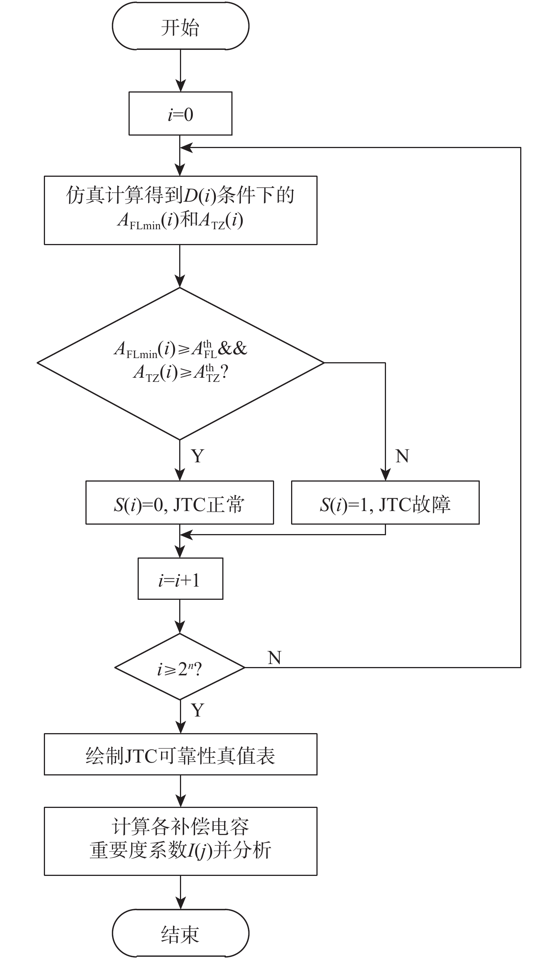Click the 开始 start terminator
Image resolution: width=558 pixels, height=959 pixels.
pyautogui.click(x=180, y=26)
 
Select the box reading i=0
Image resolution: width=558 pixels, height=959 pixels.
pyautogui.click(x=180, y=113)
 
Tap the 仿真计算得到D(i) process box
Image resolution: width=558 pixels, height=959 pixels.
pyautogui.click(x=180, y=210)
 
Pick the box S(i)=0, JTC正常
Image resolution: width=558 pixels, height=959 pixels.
pyautogui.click(x=180, y=503)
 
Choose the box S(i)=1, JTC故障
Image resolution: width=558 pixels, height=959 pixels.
pyautogui.click(x=385, y=503)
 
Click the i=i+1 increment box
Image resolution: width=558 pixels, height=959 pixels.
pyautogui.click(x=180, y=579)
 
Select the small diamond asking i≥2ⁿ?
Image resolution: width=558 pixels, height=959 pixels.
pyautogui.click(x=180, y=667)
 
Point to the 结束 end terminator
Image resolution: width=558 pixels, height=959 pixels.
pyautogui.click(x=180, y=932)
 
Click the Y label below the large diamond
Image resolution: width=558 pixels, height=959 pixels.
pyautogui.click(x=197, y=456)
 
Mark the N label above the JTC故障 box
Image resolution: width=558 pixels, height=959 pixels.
pyautogui.click(x=402, y=456)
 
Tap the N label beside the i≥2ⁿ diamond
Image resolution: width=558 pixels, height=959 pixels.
pyautogui.click(x=274, y=658)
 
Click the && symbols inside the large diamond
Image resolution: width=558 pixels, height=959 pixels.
pyautogui.click(x=232, y=348)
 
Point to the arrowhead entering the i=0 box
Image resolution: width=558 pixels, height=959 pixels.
pyautogui.click(x=180, y=86)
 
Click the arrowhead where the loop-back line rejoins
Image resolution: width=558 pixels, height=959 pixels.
pyautogui.click(x=186, y=148)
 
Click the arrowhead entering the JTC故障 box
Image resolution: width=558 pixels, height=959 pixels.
pyautogui.click(x=385, y=475)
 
